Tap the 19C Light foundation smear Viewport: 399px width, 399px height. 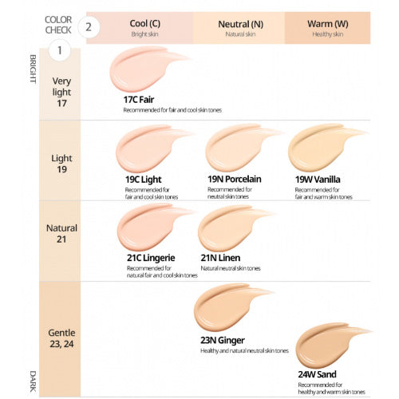click(148, 149)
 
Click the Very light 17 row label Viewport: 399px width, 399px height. click(61, 92)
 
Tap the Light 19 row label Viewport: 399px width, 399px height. click(61, 164)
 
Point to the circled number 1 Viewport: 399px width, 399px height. click(57, 51)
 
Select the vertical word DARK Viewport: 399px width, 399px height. click(34, 379)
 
